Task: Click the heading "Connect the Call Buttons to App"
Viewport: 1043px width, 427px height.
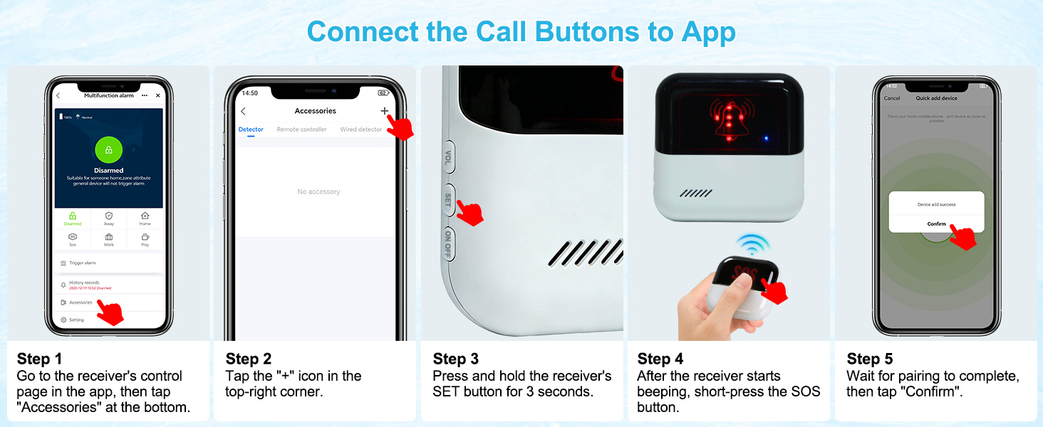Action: click(521, 32)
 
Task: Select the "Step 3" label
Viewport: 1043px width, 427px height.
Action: click(455, 359)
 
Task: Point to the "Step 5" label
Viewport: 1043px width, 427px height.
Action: click(869, 359)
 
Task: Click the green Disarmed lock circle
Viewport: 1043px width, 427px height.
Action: click(108, 149)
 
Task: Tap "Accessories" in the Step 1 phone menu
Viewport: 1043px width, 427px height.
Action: click(81, 302)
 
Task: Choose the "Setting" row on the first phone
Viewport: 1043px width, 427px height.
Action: click(76, 320)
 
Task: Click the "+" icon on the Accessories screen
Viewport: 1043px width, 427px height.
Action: click(385, 111)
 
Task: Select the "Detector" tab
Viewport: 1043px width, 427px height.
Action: click(251, 130)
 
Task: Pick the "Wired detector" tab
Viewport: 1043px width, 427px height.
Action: click(360, 130)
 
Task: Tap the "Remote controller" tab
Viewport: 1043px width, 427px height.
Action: click(301, 130)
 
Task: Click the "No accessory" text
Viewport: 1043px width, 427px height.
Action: click(318, 192)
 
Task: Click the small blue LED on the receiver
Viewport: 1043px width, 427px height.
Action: click(764, 138)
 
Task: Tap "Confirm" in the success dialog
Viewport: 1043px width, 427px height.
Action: click(936, 224)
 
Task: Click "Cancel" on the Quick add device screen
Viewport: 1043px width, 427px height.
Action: click(892, 98)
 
